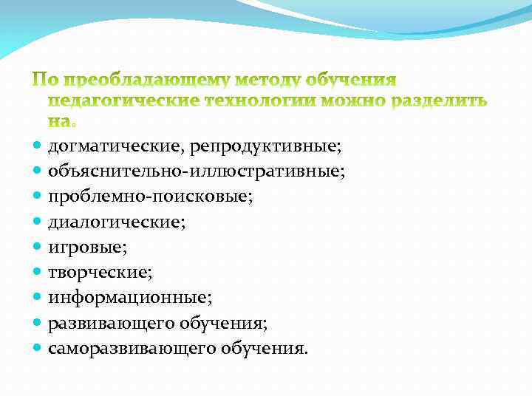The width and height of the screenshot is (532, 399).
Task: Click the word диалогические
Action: (x=117, y=222)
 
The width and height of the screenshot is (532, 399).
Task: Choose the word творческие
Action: (x=100, y=273)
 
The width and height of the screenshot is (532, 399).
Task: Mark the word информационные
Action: (x=129, y=298)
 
